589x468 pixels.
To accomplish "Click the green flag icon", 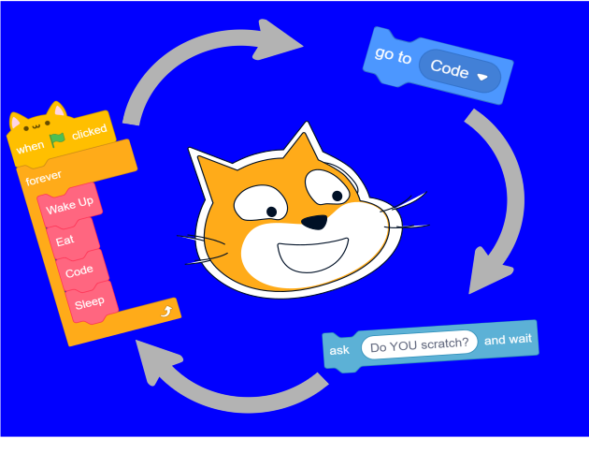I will pyautogui.click(x=58, y=140).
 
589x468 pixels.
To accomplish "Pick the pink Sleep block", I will pyautogui.click(x=90, y=303).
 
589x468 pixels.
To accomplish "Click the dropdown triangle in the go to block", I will pyautogui.click(x=482, y=78).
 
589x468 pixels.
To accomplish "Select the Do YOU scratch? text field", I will pyautogui.click(x=419, y=344).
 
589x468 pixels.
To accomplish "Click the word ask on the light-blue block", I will pyautogui.click(x=338, y=350).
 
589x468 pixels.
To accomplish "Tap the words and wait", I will pyautogui.click(x=508, y=340).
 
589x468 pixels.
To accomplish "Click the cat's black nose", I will pyautogui.click(x=316, y=222).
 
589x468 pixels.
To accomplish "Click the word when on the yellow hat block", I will pyautogui.click(x=30, y=148).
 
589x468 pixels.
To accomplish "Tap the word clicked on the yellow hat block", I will pyautogui.click(x=90, y=132).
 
